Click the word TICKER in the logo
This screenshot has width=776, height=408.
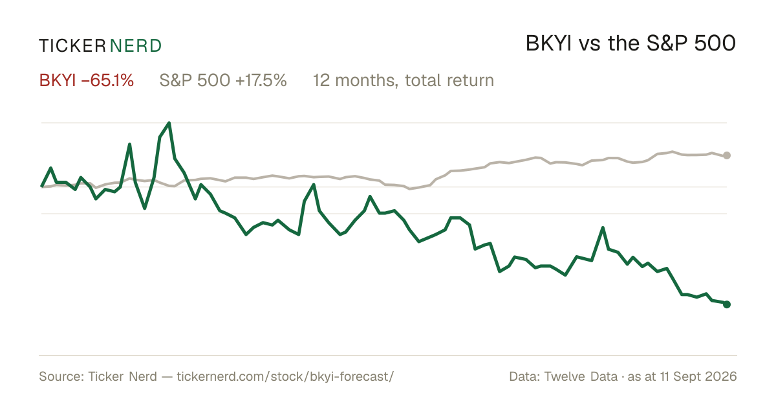point(72,46)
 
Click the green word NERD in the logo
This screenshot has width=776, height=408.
point(136,46)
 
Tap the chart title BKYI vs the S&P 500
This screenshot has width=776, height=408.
point(630,43)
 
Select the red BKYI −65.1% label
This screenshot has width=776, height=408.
point(86,80)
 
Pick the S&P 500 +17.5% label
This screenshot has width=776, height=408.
point(223,80)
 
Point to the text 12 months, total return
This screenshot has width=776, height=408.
point(404,80)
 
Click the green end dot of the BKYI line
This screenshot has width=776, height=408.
point(727,304)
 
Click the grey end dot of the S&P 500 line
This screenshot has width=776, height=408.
point(727,155)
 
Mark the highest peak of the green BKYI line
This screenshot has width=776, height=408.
point(169,123)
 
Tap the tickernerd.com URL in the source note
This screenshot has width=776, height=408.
point(285,376)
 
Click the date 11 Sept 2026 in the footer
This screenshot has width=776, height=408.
point(698,376)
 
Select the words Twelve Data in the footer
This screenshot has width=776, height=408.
point(581,376)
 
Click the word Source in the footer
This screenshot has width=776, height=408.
point(61,376)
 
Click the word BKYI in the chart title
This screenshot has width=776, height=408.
point(548,43)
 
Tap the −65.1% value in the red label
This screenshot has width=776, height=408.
point(107,80)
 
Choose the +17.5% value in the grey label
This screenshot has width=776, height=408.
point(261,80)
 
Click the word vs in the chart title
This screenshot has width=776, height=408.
point(590,45)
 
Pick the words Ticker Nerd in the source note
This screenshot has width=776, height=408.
point(122,376)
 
